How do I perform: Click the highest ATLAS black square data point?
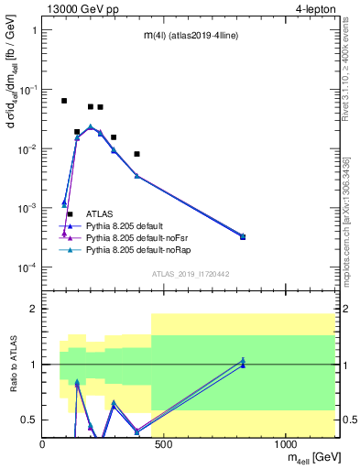pos(64,101)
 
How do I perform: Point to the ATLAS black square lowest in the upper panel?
pos(70,213)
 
